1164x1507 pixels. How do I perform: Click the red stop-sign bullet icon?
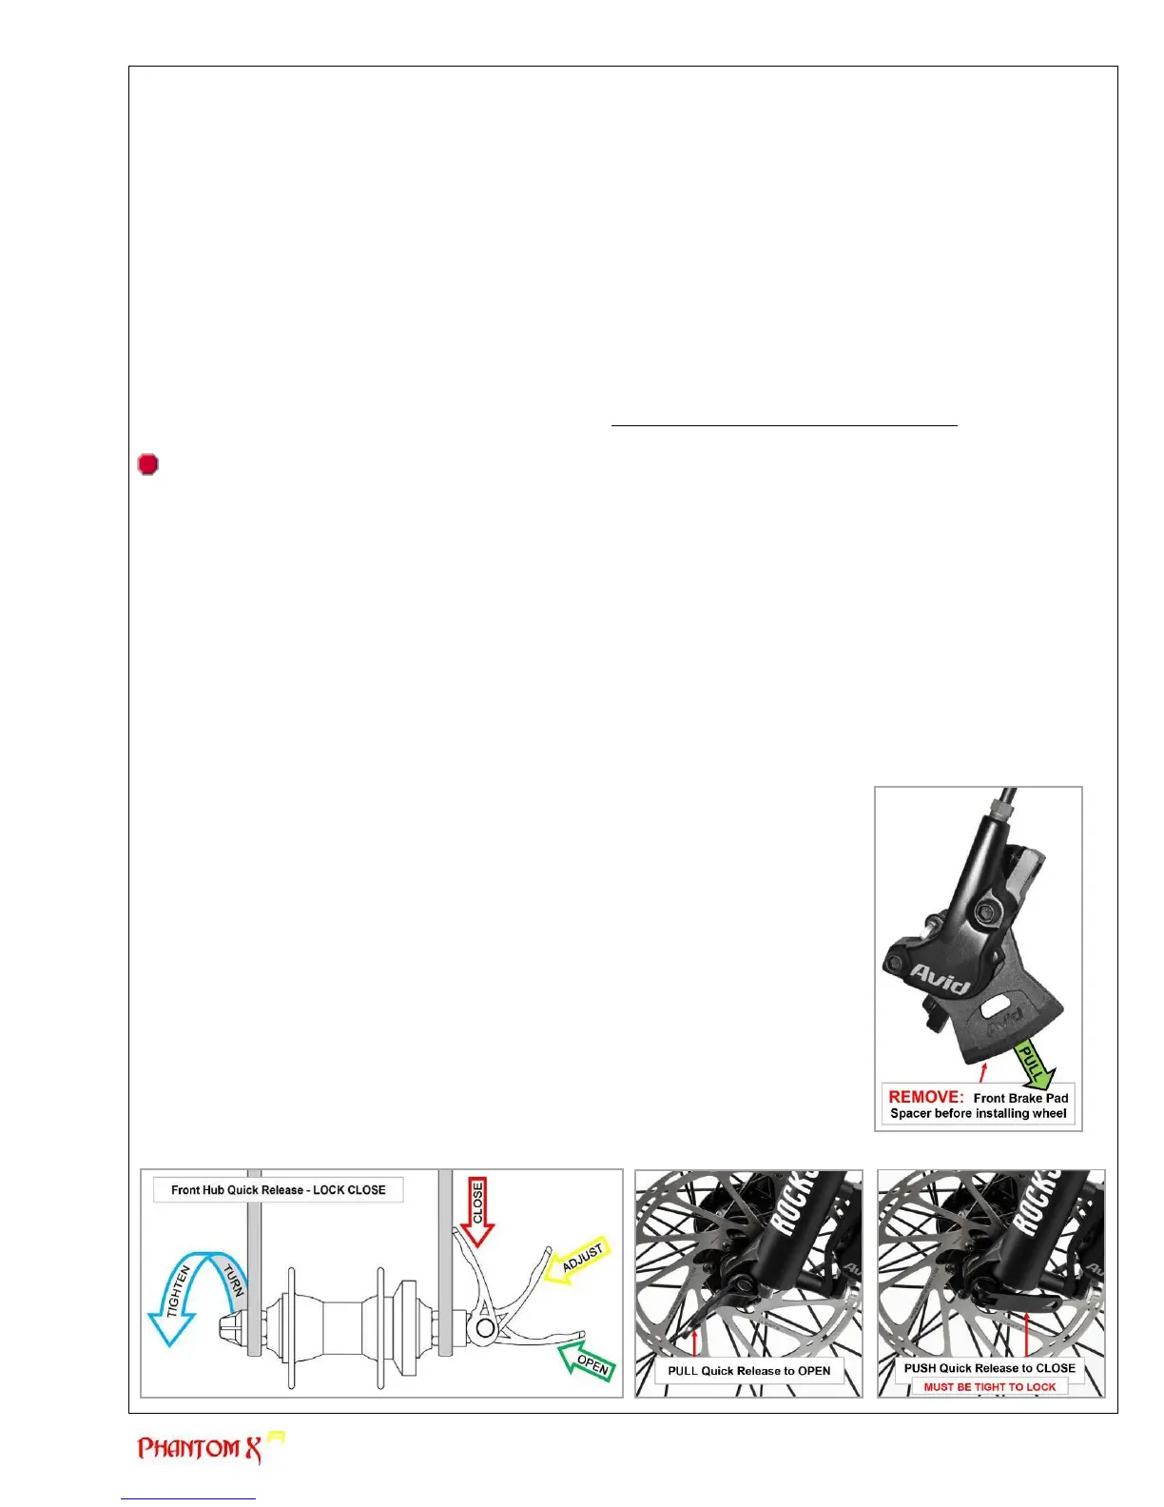tap(147, 464)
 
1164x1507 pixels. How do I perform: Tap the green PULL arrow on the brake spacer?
tap(1034, 1065)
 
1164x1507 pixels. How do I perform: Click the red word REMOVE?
tap(925, 1097)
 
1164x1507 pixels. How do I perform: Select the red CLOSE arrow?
tap(477, 1210)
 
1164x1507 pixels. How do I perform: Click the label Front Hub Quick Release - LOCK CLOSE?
tap(278, 1190)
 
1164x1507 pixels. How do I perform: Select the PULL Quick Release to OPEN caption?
tap(748, 1371)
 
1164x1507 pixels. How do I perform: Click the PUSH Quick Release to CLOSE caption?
tap(989, 1368)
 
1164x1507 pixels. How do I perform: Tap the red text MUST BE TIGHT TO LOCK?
tap(989, 1387)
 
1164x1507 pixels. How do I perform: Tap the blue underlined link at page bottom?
tap(188, 1499)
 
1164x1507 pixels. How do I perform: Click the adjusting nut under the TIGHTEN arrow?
tap(231, 1323)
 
